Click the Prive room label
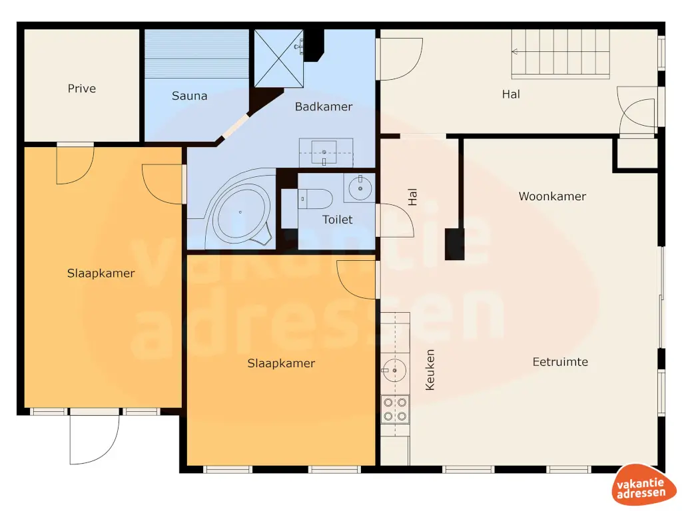(82, 88)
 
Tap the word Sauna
(190, 96)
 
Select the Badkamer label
(324, 106)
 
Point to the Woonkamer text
(552, 196)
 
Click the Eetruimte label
(560, 362)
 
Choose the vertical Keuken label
(430, 369)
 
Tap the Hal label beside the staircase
(511, 94)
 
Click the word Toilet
(337, 220)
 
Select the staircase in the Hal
(560, 54)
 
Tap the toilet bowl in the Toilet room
(316, 198)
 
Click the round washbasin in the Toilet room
(360, 188)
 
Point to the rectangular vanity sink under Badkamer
(326, 153)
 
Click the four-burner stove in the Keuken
(394, 409)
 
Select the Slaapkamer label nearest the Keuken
(281, 363)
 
